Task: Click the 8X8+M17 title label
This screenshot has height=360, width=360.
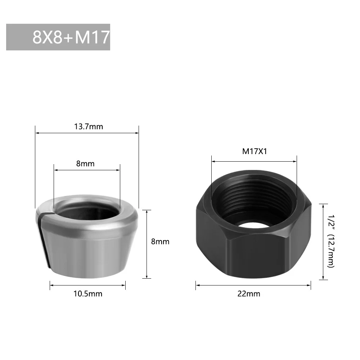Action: point(71,37)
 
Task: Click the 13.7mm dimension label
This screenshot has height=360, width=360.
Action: point(89,126)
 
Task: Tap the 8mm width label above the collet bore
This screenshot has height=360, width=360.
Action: point(85,164)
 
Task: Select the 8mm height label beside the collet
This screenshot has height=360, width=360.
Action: point(160,242)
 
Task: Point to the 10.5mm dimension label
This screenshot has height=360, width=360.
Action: point(88,294)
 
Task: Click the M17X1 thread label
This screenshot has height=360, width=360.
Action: point(254,151)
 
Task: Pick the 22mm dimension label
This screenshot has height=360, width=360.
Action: point(249,294)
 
